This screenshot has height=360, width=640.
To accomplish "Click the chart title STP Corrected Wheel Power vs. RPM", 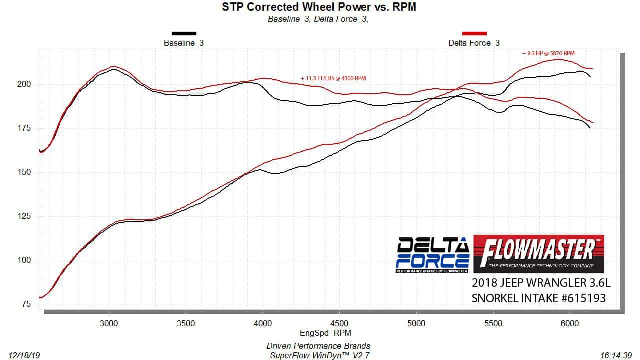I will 318,7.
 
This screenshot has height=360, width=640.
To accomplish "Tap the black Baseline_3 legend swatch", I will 184,34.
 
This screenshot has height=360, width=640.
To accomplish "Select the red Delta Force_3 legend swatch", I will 474,34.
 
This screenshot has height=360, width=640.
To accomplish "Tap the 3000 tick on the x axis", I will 109,323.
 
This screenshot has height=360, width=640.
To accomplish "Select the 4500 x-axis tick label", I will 340,323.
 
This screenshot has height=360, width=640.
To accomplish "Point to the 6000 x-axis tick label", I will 570,323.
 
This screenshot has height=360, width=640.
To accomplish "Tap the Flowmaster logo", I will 538,254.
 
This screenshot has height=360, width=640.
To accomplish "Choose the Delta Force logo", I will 433,255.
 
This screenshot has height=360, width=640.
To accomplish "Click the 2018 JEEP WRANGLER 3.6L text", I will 541,283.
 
